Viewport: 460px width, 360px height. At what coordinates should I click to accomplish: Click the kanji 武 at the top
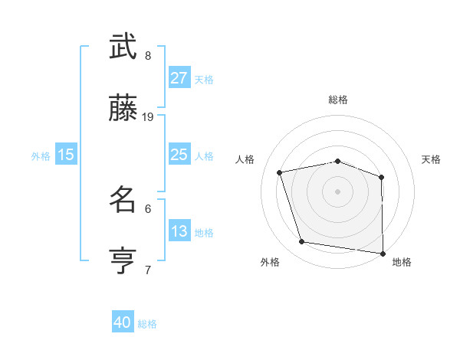tap(123, 47)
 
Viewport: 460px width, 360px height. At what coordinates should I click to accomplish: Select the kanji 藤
tap(123, 110)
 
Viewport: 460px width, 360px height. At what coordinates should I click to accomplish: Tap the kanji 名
tap(123, 201)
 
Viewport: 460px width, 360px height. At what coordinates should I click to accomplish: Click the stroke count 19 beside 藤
tap(148, 117)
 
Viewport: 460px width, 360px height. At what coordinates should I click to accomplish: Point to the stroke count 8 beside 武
tap(148, 56)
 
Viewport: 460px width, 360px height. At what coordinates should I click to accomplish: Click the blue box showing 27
tap(179, 78)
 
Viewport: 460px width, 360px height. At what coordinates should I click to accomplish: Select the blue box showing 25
tap(179, 155)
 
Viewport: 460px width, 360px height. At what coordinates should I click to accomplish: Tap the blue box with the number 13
tap(179, 231)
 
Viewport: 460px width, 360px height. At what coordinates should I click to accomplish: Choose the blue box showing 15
tap(66, 155)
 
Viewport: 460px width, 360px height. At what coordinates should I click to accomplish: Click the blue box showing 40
tap(123, 323)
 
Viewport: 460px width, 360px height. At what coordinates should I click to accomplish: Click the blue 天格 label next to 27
tap(204, 80)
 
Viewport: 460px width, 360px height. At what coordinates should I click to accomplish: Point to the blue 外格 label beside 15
tap(41, 156)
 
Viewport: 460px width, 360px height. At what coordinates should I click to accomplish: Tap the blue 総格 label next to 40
tap(148, 324)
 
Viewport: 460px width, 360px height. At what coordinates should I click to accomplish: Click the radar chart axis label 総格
tap(338, 100)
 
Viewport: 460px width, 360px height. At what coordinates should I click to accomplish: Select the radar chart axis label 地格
tap(402, 262)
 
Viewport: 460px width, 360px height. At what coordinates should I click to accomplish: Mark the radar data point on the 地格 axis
tap(383, 252)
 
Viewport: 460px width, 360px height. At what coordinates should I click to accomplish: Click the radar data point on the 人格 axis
tap(280, 172)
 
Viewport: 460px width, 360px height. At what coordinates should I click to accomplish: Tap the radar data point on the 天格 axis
tap(382, 177)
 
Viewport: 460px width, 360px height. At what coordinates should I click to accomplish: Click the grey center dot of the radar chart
tap(338, 191)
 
